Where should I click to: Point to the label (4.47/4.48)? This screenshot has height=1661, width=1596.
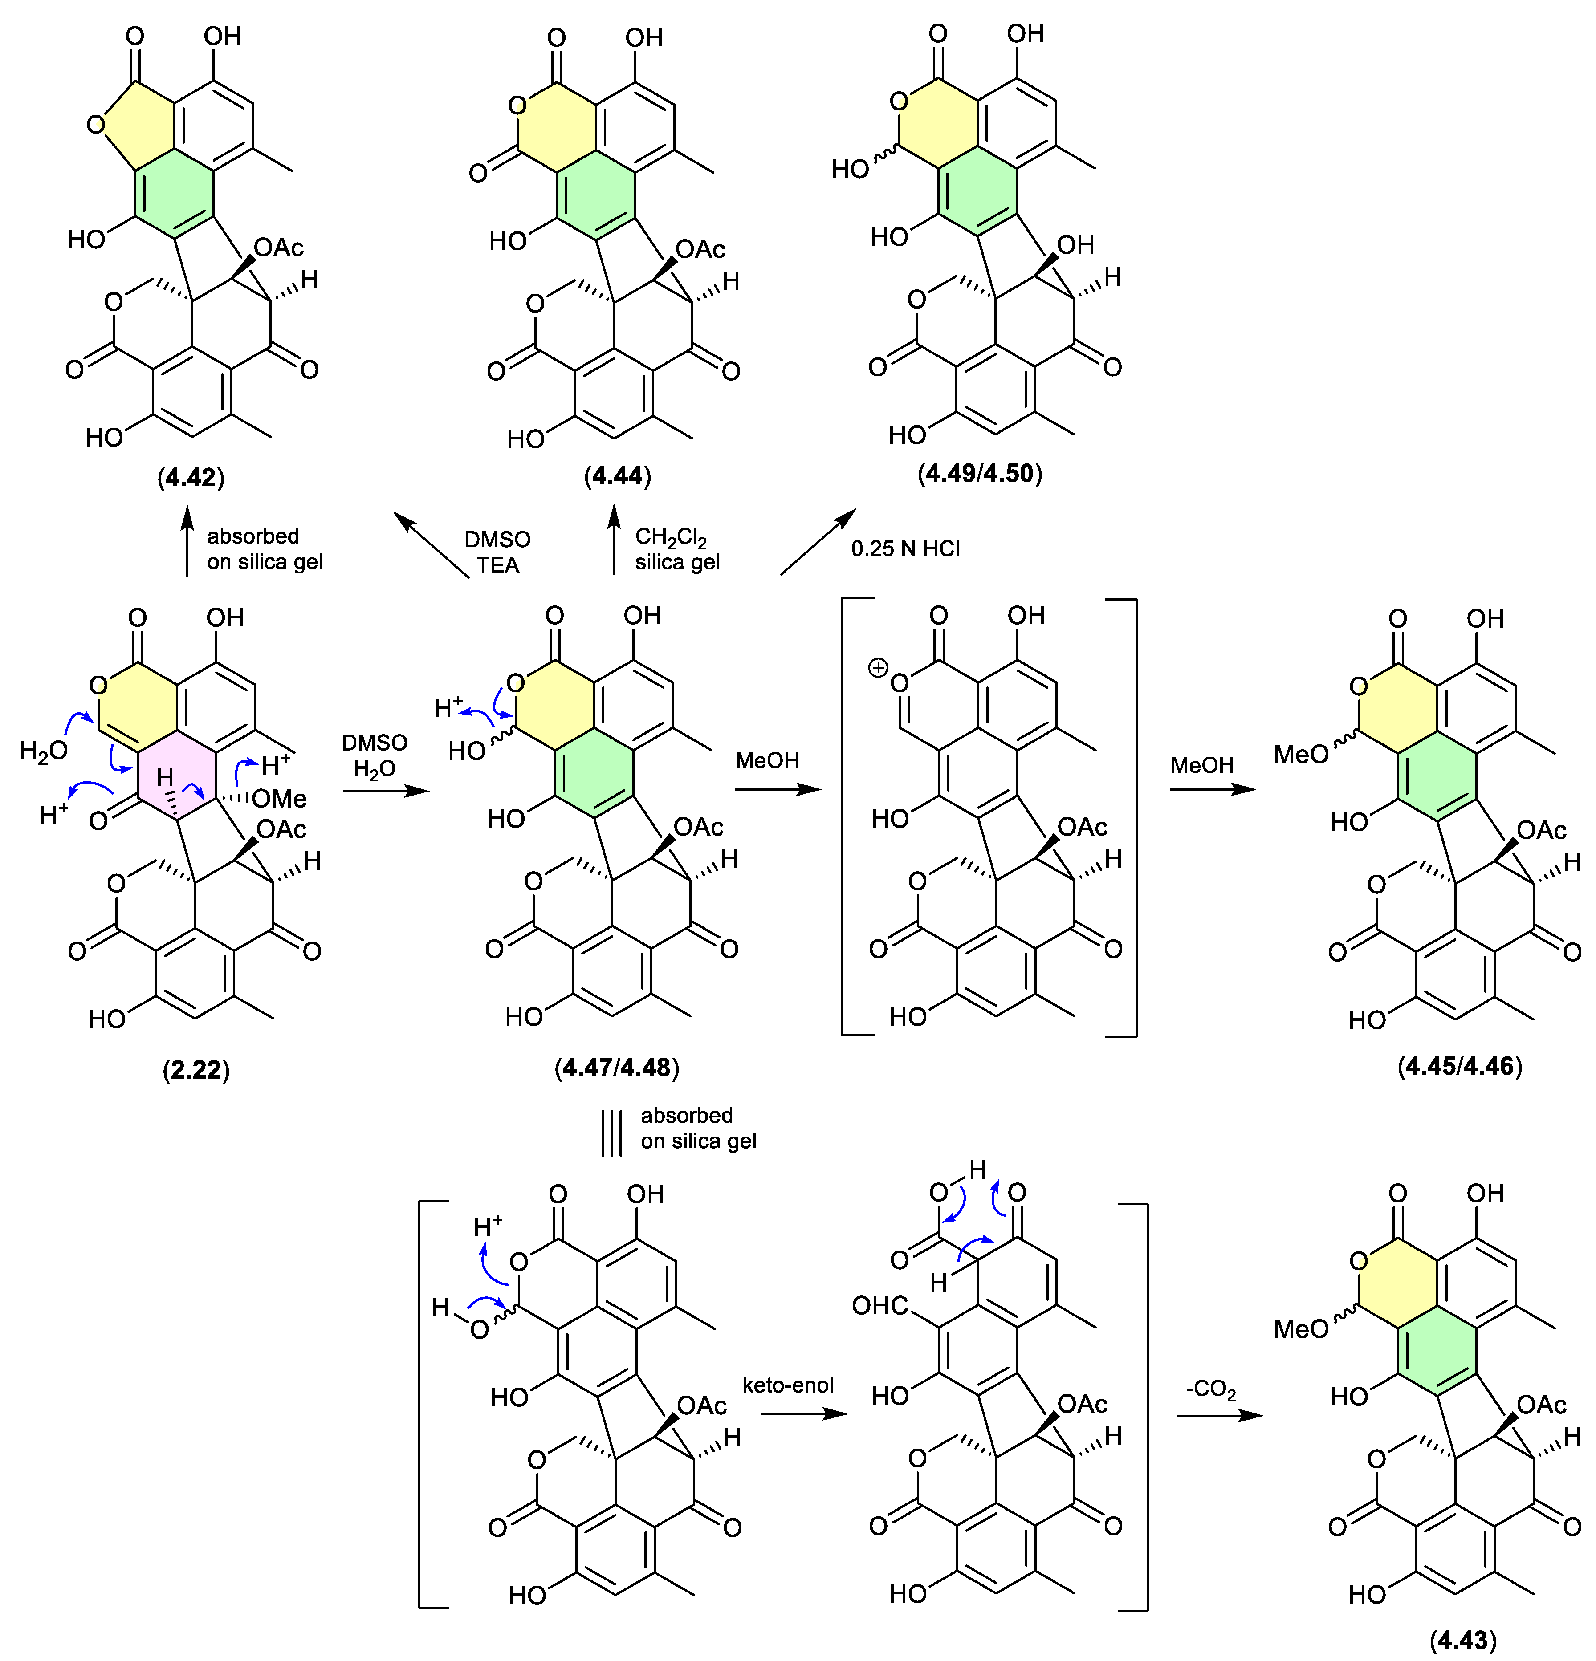pos(617,1067)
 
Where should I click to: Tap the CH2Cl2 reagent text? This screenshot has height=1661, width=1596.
pos(671,537)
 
